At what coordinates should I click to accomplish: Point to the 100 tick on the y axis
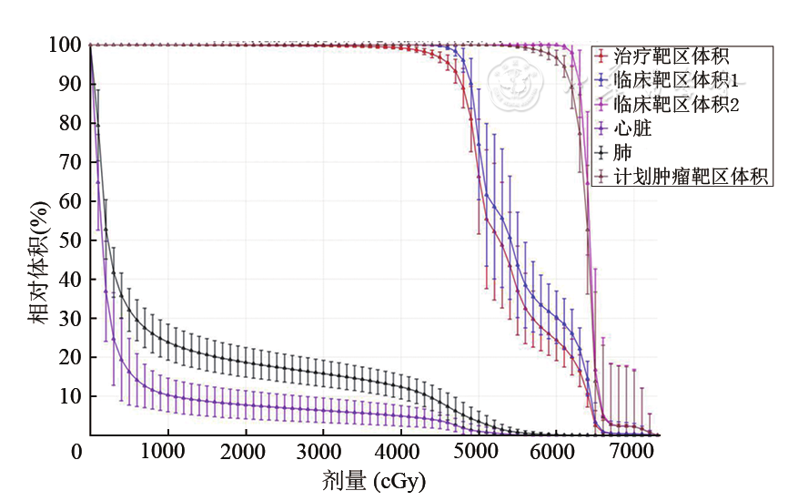pyautogui.click(x=66, y=45)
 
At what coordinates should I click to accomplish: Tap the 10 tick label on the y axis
pyautogui.click(x=71, y=396)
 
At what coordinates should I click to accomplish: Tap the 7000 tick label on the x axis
pyautogui.click(x=624, y=452)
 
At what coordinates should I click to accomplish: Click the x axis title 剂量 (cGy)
pyautogui.click(x=373, y=480)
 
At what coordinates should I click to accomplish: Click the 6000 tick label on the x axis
pyautogui.click(x=548, y=452)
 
